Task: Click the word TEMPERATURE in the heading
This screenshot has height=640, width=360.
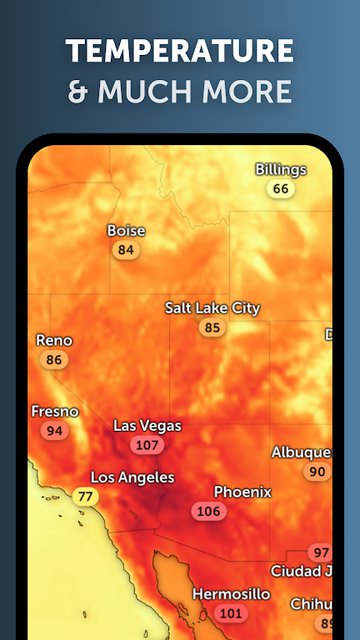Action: pyautogui.click(x=180, y=51)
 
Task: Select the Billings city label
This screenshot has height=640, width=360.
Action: pyautogui.click(x=281, y=169)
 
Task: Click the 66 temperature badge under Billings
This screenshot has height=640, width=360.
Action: pyautogui.click(x=281, y=188)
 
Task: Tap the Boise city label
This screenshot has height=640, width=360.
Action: pyautogui.click(x=126, y=230)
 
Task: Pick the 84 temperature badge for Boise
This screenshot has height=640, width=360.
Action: pyautogui.click(x=126, y=249)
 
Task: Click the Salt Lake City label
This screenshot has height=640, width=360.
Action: pyautogui.click(x=212, y=308)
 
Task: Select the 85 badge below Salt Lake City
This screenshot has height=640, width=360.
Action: pyautogui.click(x=212, y=327)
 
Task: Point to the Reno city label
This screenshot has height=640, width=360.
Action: pyautogui.click(x=54, y=340)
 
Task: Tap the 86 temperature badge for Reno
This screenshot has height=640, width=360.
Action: pyautogui.click(x=54, y=360)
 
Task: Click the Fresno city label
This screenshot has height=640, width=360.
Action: pyautogui.click(x=54, y=411)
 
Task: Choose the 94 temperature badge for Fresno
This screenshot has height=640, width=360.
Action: pyautogui.click(x=54, y=431)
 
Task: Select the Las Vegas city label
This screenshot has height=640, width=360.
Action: pyautogui.click(x=147, y=425)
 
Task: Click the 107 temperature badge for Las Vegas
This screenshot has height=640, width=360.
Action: pyautogui.click(x=147, y=445)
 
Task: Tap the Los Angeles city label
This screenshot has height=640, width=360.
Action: pyautogui.click(x=132, y=477)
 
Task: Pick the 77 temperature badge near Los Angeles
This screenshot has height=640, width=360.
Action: pyautogui.click(x=86, y=496)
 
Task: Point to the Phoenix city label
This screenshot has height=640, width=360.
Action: pyautogui.click(x=242, y=491)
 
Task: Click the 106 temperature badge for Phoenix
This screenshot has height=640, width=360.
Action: pyautogui.click(x=208, y=511)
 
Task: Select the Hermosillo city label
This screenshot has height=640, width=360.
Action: pyautogui.click(x=230, y=593)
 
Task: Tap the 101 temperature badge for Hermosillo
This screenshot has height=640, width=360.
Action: pyautogui.click(x=230, y=613)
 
